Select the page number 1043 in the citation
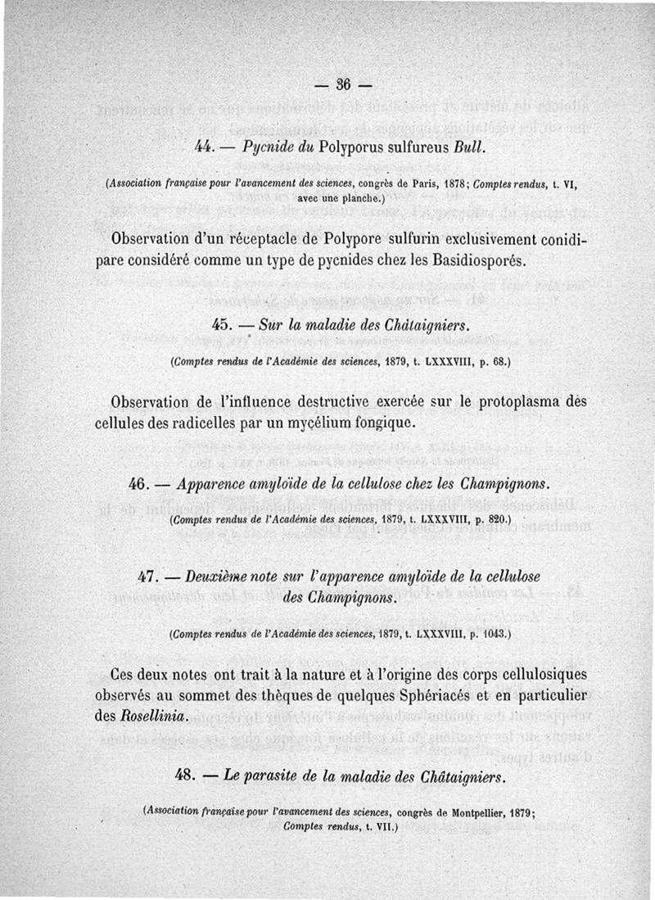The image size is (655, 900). click(x=492, y=634)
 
